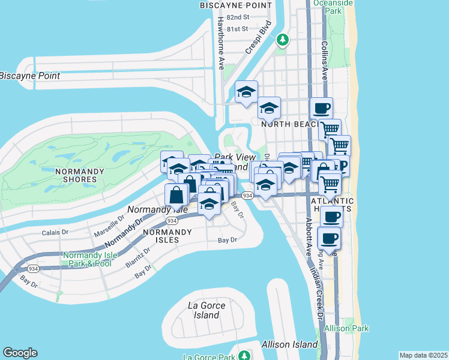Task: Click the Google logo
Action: click(20, 353)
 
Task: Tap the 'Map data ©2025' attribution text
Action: click(424, 355)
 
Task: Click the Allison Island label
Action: click(289, 344)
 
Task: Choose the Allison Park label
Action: click(346, 328)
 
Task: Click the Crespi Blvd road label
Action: click(258, 38)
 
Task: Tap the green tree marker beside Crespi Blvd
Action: click(282, 40)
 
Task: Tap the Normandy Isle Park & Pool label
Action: click(87, 259)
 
